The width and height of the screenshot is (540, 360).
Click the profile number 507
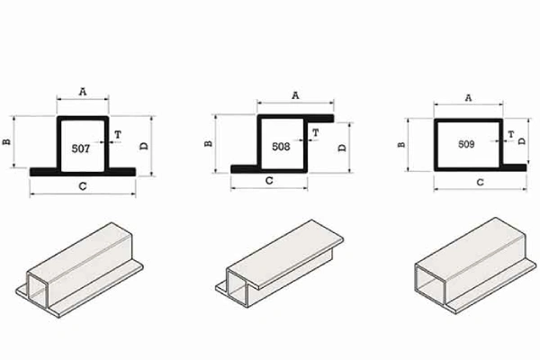(x=81, y=148)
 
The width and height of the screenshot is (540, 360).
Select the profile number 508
(x=281, y=147)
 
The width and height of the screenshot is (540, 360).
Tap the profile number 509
(x=466, y=144)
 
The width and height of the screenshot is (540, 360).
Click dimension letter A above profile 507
(x=83, y=92)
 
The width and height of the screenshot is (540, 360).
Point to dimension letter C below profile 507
(x=83, y=186)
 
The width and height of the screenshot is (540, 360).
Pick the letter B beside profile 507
(x=6, y=141)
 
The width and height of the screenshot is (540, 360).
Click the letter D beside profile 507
(x=144, y=146)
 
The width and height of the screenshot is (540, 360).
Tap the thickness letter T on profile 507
(x=118, y=134)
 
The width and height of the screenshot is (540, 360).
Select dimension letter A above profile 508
(x=295, y=95)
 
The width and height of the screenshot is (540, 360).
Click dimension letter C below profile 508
(x=269, y=181)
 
